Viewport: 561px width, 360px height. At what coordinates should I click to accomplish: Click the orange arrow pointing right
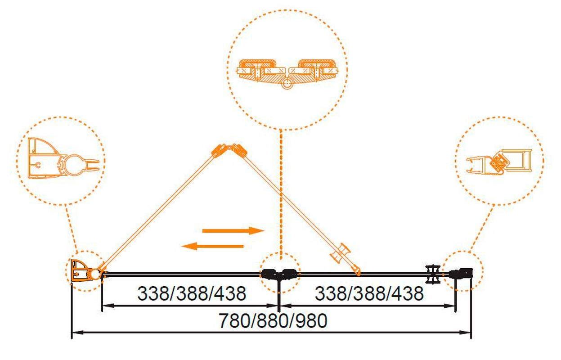233,231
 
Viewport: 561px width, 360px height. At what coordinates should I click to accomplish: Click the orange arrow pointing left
212,246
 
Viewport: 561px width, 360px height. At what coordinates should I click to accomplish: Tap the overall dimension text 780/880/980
273,321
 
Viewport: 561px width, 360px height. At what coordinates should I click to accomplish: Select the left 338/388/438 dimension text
192,293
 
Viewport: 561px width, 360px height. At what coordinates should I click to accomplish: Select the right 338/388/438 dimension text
369,293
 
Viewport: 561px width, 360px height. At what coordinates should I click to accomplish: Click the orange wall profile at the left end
80,271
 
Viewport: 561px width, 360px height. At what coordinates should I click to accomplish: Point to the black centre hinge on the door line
279,274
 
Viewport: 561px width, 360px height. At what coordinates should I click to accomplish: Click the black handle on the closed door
433,274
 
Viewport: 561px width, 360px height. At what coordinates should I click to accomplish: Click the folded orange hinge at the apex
229,150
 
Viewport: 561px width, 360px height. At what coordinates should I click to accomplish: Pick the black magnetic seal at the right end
461,273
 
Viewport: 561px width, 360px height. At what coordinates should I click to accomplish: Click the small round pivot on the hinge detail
287,83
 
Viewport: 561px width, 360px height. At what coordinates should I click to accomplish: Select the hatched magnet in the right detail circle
498,162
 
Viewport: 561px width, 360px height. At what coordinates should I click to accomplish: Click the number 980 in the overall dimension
312,321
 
